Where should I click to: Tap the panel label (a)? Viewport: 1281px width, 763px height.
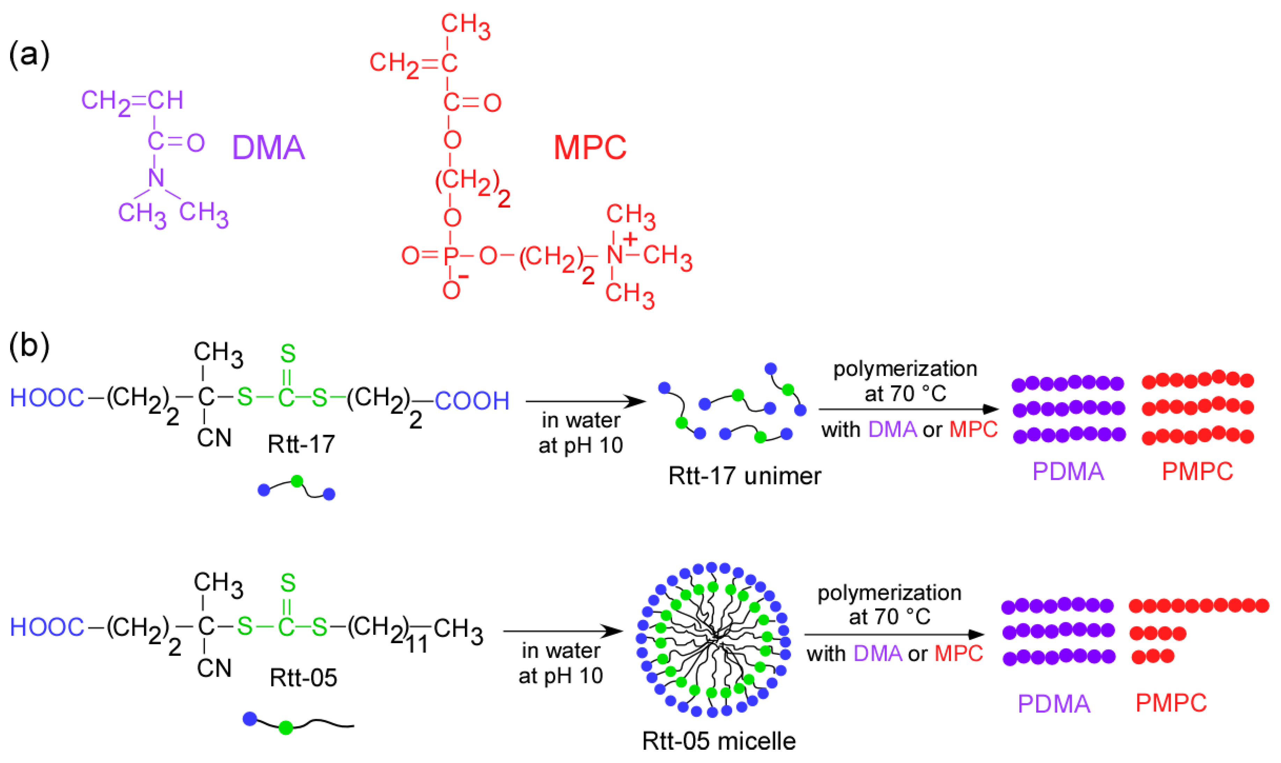click(29, 55)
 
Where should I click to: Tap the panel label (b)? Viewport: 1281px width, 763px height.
click(29, 346)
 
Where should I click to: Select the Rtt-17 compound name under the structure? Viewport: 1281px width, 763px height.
click(301, 444)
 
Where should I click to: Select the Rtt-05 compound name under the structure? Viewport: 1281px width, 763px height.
click(303, 678)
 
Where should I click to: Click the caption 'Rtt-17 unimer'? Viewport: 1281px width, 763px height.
click(744, 475)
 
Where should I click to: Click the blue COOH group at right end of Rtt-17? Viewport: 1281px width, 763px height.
click(472, 400)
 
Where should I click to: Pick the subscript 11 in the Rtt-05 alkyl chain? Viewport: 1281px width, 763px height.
click(417, 645)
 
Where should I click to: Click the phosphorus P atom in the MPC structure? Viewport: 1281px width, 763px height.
click(451, 255)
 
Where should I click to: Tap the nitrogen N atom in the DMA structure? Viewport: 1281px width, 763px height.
click(156, 178)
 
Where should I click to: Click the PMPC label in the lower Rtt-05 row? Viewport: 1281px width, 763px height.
click(1171, 703)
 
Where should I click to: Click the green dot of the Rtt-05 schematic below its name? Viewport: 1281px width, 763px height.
click(286, 727)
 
